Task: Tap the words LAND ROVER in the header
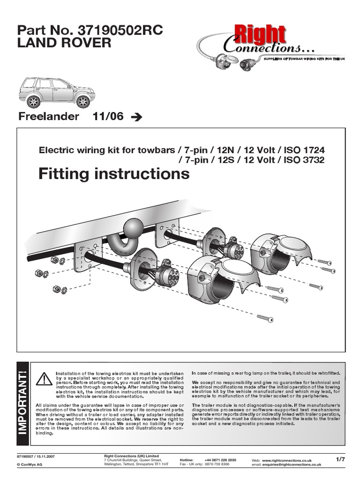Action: tap(64, 44)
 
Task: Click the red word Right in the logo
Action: tap(266, 36)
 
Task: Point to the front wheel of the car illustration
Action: tap(83, 101)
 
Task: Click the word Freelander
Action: tap(48, 117)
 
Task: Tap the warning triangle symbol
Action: tap(44, 378)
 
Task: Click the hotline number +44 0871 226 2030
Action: tap(220, 460)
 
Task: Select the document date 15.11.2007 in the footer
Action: tap(45, 456)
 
